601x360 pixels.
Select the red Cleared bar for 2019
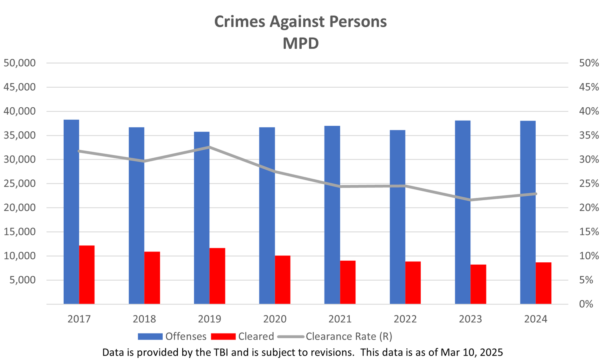217,276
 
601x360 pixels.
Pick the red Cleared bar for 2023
478,284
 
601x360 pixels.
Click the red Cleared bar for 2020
282,280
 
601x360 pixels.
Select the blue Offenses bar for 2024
528,212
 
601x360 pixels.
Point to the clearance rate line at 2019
210,147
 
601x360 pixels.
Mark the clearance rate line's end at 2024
536,194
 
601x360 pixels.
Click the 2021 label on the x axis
340,319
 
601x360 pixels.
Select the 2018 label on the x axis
144,319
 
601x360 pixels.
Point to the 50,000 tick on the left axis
19,63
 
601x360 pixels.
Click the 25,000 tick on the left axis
19,183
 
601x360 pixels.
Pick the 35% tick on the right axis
589,135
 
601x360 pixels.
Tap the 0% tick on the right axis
586,304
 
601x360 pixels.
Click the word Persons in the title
358,22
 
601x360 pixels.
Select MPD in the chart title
300,43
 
